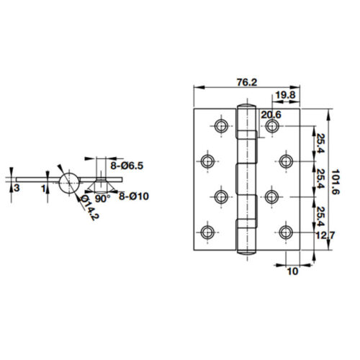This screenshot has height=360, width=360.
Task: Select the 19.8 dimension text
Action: click(x=284, y=94)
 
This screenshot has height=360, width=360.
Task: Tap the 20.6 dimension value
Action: click(x=271, y=114)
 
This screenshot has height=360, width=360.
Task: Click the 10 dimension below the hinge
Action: click(x=292, y=271)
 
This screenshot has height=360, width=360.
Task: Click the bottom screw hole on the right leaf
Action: click(x=286, y=231)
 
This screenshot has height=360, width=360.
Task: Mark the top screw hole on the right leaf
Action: click(x=272, y=127)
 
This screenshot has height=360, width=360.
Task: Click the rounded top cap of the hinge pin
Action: click(x=246, y=109)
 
